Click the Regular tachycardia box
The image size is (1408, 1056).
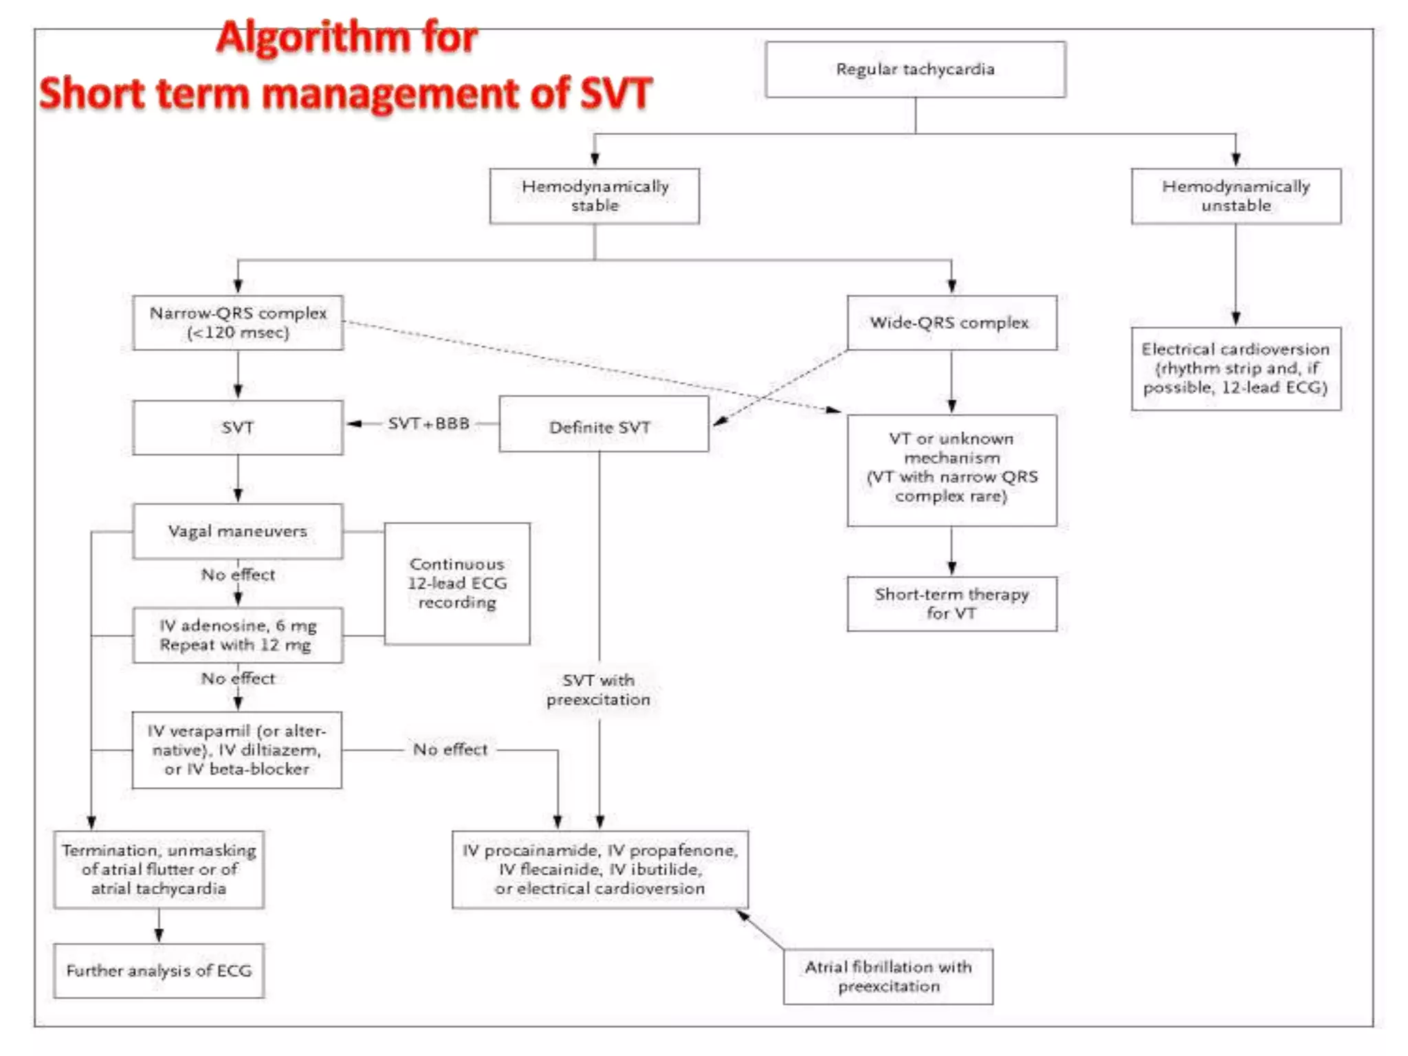[x=915, y=69]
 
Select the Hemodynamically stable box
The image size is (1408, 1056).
[x=594, y=196]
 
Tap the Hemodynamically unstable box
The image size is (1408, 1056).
[x=1235, y=196]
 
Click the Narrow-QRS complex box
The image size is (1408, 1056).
[x=238, y=322]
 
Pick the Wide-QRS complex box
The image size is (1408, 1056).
[x=951, y=322]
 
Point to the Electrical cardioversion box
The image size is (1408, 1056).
[x=1235, y=368]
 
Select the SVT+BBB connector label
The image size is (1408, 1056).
[x=428, y=423]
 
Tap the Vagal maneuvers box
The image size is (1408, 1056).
[x=238, y=531]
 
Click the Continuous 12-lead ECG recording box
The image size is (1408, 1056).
[x=457, y=583]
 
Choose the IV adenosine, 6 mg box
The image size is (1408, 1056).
[x=238, y=635]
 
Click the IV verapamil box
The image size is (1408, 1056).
[x=237, y=749]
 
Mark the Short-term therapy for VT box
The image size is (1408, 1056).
[x=951, y=604]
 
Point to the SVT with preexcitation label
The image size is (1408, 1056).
[x=598, y=690]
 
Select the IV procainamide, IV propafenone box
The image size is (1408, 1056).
[x=599, y=869]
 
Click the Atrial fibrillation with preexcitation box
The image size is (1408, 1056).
[x=888, y=976]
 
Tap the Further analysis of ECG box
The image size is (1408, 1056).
[x=159, y=971]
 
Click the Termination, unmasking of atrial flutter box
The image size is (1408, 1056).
[x=159, y=869]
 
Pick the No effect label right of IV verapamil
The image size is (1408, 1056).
[x=450, y=749]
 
